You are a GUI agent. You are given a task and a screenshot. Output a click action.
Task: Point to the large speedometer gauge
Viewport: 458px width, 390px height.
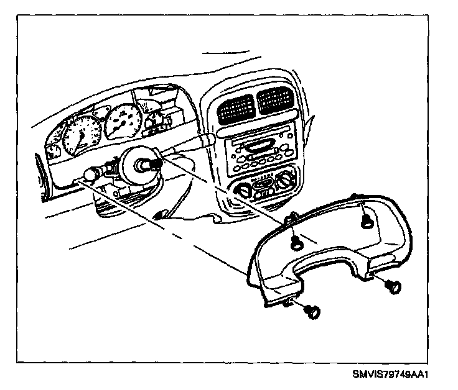click(x=80, y=132)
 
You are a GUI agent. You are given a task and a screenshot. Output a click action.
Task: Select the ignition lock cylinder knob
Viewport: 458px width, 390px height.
click(x=91, y=175)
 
